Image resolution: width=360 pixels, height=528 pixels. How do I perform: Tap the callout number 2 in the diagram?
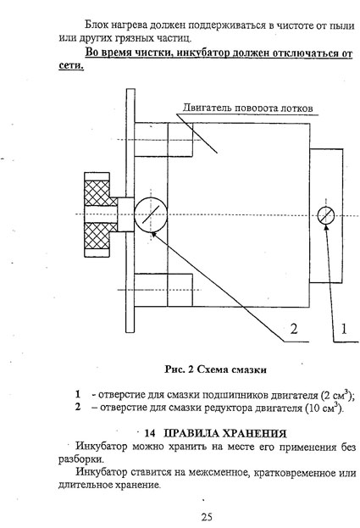(294, 329)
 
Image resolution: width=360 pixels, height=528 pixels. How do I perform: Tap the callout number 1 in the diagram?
(344, 329)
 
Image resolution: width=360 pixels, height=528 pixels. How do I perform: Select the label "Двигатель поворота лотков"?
(248, 108)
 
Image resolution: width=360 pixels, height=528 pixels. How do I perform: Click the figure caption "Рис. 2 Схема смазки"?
(216, 370)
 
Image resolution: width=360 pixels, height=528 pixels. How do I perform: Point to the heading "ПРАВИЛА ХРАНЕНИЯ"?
(224, 433)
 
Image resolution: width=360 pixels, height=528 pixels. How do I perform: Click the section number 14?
(149, 433)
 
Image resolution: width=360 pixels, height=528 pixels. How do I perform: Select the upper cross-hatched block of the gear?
(97, 193)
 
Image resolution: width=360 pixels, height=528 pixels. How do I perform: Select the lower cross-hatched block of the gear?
(97, 236)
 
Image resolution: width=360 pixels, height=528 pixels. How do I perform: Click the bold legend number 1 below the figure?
(78, 394)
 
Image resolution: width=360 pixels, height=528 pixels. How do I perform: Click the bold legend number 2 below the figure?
(78, 407)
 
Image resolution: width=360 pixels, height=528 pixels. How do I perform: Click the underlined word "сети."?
(71, 65)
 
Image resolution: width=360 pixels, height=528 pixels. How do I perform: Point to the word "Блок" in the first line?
(96, 25)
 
